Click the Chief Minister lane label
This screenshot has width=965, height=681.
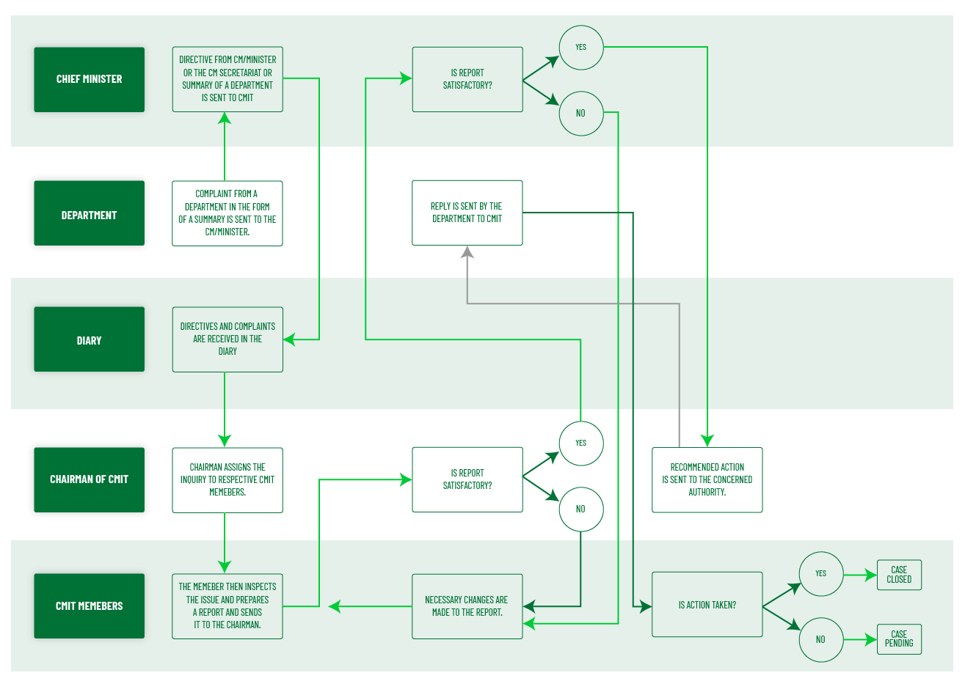point(89,79)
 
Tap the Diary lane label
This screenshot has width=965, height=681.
point(89,339)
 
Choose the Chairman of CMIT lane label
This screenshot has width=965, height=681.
point(89,479)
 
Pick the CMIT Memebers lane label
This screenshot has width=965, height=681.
point(89,605)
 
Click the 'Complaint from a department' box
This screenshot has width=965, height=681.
point(227,213)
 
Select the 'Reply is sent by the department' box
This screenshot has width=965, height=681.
point(467,213)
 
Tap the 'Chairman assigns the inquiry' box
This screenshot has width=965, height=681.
point(227,480)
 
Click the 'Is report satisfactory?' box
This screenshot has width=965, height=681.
point(467,479)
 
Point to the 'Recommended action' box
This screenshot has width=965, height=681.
point(707,480)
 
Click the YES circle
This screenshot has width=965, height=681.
point(581,443)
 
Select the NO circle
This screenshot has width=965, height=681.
point(581,509)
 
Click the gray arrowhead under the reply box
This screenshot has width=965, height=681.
point(467,253)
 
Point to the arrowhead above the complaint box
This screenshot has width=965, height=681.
point(225,117)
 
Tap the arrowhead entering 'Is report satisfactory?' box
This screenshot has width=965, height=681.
point(405,479)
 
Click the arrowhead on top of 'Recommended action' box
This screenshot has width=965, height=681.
point(707,440)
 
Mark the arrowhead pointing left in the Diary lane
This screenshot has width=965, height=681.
point(289,339)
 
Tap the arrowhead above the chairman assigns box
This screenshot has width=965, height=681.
point(225,440)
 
